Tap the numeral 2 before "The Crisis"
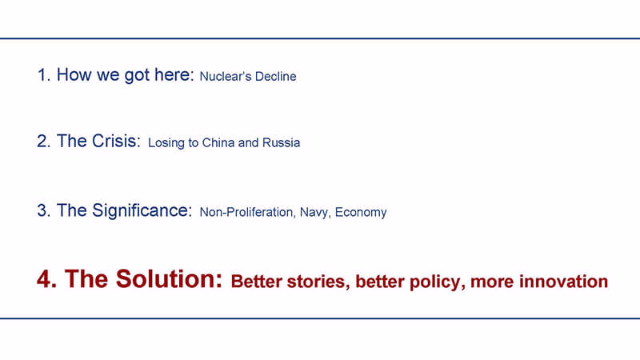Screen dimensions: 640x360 (43, 142)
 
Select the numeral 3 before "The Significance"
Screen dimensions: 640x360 (43, 210)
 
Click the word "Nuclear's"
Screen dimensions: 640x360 (224, 76)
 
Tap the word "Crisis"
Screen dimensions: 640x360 (116, 141)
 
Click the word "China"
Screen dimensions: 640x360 (218, 142)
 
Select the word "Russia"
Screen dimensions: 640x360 (281, 142)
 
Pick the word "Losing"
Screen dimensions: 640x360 (166, 143)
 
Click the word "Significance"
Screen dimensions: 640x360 (142, 210)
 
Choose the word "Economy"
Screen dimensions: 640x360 (361, 213)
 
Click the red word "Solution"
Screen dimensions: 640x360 (169, 278)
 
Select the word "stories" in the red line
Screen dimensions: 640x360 (318, 282)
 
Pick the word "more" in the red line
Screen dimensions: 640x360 (492, 282)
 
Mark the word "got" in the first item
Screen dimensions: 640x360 (137, 76)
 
